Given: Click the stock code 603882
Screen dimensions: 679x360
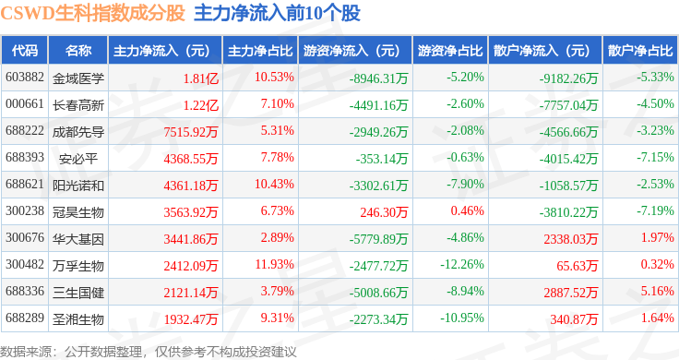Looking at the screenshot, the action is [x=25, y=78].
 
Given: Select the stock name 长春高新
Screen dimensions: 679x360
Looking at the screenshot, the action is [x=78, y=105].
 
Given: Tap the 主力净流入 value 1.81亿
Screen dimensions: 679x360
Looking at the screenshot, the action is [x=201, y=78].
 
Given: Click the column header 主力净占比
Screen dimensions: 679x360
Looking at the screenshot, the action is [x=260, y=51].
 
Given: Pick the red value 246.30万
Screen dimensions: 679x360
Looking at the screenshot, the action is [x=384, y=211].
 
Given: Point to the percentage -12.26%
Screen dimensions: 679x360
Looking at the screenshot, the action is [x=462, y=264].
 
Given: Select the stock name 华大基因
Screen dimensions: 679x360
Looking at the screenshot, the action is [x=78, y=239].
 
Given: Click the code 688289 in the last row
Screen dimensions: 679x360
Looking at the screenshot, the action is [x=25, y=318].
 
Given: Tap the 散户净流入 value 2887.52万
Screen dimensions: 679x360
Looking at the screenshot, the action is [x=571, y=293].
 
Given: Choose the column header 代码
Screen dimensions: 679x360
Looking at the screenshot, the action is [x=25, y=51].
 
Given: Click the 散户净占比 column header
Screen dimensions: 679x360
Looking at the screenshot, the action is [x=640, y=51].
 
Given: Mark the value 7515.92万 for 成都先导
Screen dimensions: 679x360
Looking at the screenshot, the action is [x=191, y=132].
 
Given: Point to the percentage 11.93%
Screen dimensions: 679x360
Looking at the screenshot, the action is [x=275, y=264].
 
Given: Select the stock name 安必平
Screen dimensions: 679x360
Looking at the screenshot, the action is [x=78, y=159].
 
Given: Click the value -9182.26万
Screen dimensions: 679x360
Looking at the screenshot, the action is [x=568, y=78].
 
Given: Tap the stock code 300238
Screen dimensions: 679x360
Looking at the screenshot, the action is [x=25, y=211].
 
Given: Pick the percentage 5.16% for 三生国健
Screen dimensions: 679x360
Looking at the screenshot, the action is [x=658, y=291].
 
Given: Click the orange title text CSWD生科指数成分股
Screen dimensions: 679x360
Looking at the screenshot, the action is [x=92, y=14].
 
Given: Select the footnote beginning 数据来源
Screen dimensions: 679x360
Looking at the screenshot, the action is [x=149, y=352].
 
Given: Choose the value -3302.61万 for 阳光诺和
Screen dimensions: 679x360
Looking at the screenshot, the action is [x=379, y=186].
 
